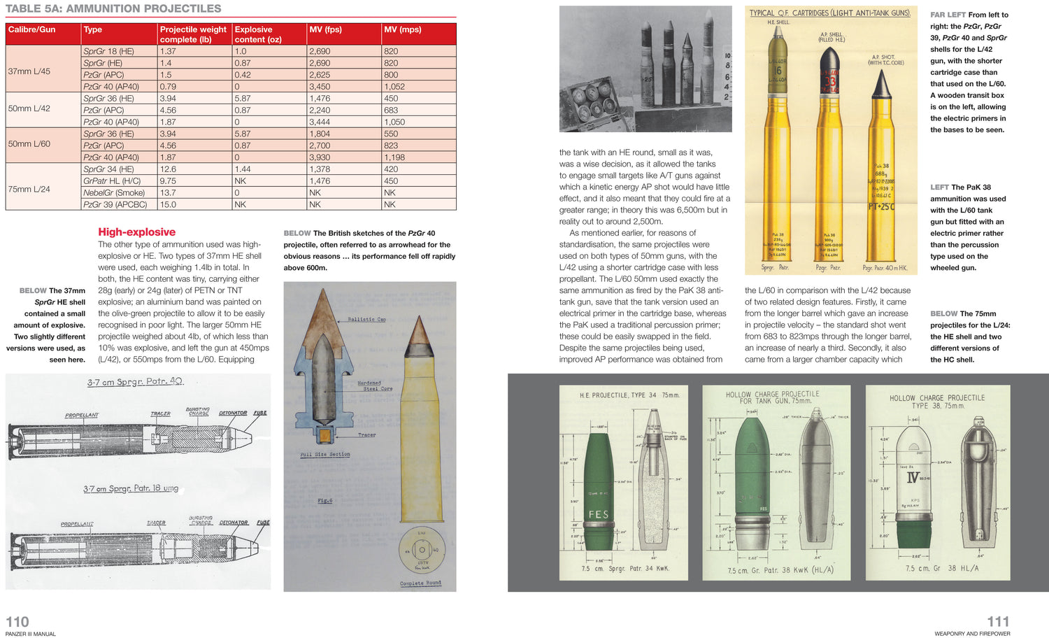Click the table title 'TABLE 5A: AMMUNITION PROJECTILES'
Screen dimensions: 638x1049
[113, 8]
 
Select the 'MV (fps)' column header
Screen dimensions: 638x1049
[326, 29]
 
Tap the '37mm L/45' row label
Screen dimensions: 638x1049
[29, 71]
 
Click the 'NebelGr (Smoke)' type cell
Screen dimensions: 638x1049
[114, 192]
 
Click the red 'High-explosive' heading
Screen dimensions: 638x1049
[136, 232]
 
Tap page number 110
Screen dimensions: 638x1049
[17, 622]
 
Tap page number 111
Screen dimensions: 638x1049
[998, 622]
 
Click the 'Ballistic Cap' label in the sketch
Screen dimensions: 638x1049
[366, 319]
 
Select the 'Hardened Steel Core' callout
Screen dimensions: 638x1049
[376, 385]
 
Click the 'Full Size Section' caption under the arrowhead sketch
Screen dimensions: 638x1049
[325, 455]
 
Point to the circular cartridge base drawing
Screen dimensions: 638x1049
[423, 552]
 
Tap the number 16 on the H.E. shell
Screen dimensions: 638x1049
[777, 71]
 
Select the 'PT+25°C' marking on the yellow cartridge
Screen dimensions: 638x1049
[882, 207]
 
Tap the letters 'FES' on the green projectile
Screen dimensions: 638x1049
[599, 514]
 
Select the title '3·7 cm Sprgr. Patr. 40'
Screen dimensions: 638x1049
[135, 382]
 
